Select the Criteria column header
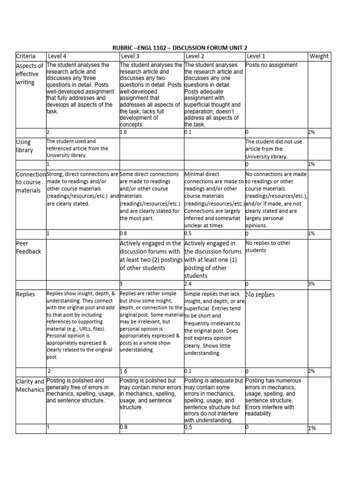point(27,56)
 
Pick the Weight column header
point(319,56)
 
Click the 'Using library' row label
point(24,146)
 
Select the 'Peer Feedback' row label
point(29,247)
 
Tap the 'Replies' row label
point(25,294)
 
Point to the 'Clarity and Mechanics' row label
point(30,385)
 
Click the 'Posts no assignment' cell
point(265,65)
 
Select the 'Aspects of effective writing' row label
point(30,74)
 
